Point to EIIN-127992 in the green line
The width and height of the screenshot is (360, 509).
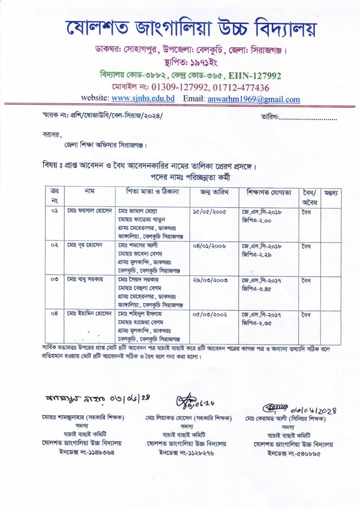(254, 76)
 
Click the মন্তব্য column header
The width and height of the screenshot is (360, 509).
(331, 192)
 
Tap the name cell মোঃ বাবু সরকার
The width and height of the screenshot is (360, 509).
(85, 279)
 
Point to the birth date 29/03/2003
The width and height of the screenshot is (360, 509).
(210, 280)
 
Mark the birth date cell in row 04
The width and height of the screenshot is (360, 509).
(210, 314)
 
